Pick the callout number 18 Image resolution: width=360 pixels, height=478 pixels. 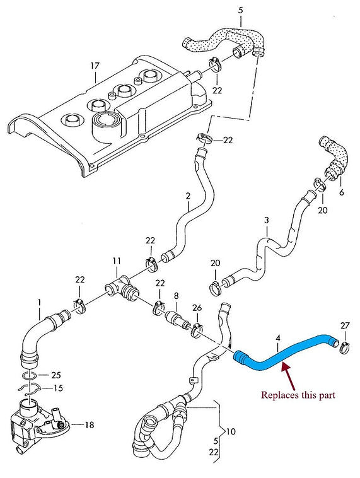[x=89, y=425]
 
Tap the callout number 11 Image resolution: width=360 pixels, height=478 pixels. [x=116, y=260]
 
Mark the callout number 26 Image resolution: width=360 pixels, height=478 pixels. [x=197, y=307]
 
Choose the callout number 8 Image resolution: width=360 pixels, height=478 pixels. [x=177, y=295]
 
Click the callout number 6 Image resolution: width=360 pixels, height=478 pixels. [x=342, y=192]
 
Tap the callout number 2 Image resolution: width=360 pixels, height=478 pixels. [x=188, y=196]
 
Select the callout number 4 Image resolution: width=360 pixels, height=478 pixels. [x=277, y=338]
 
